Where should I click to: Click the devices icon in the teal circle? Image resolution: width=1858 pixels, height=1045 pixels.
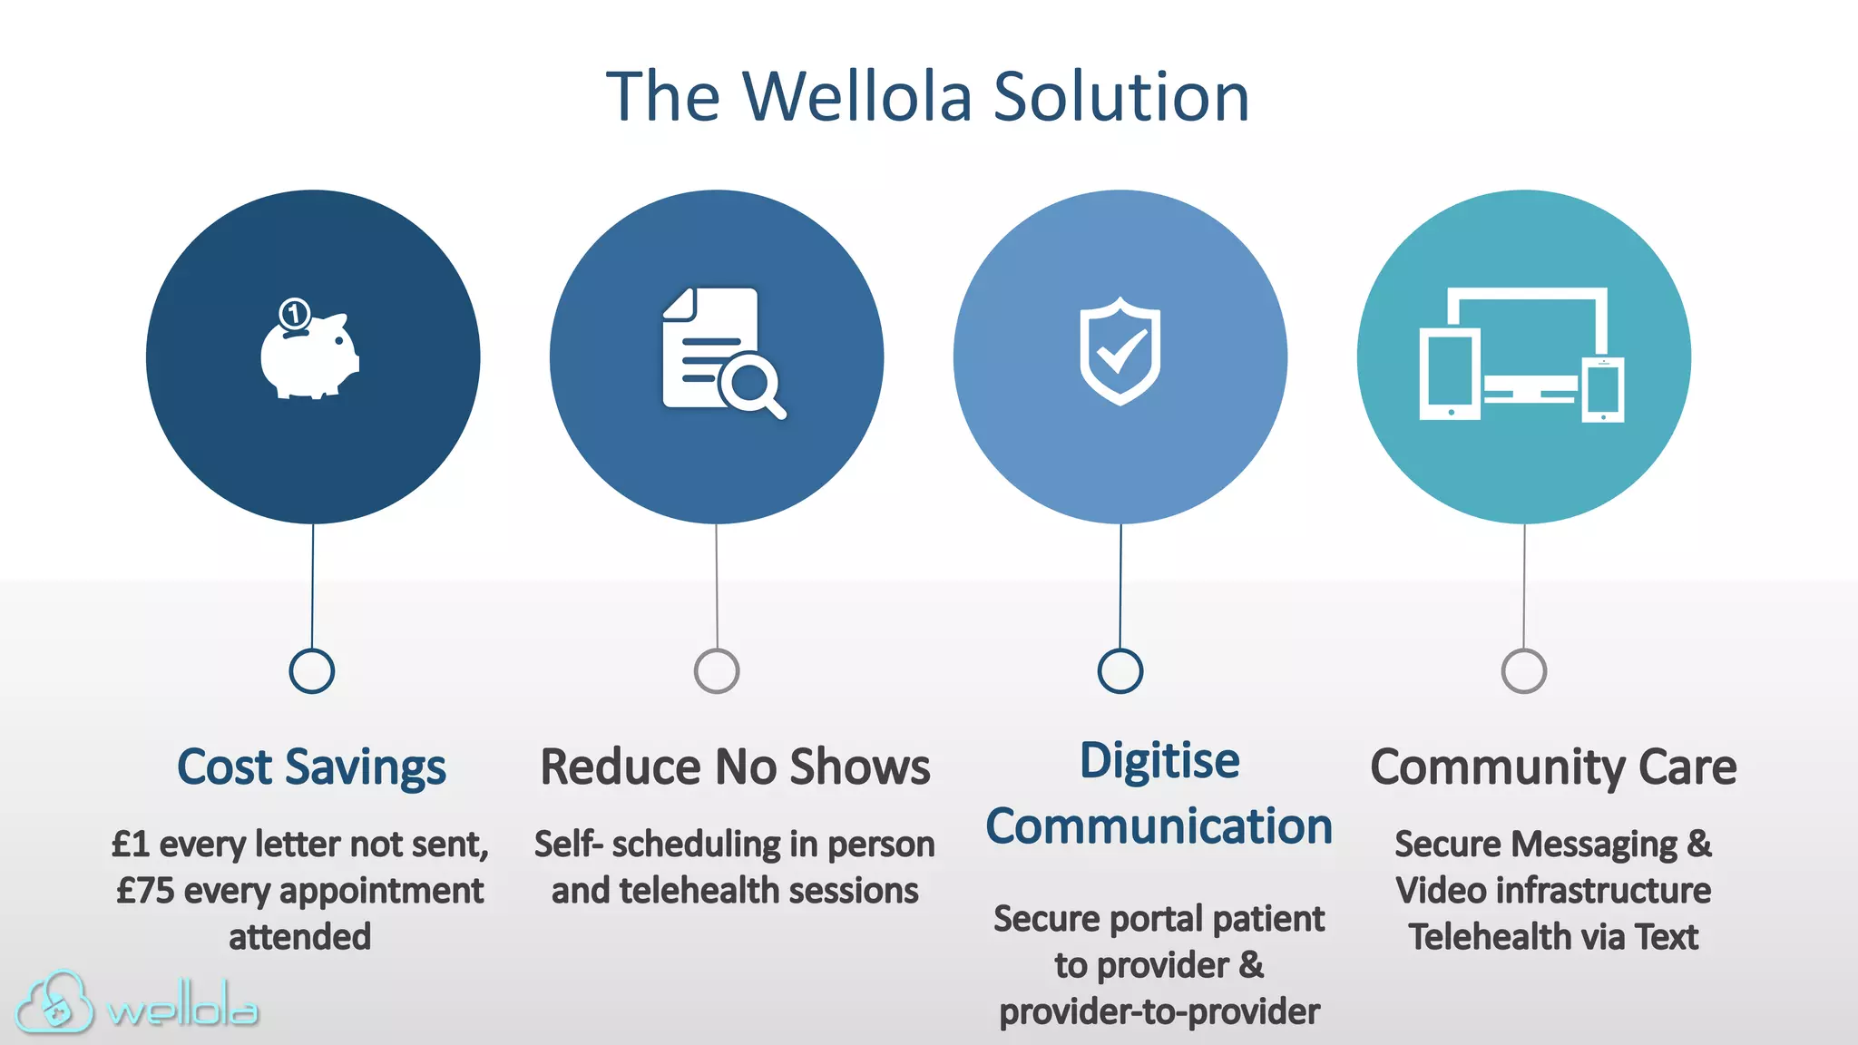pos(1522,355)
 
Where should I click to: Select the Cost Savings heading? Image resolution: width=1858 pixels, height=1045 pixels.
pos(311,767)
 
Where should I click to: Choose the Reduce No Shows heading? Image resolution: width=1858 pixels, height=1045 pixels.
pos(735,767)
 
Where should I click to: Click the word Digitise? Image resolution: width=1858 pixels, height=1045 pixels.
pos(1159,760)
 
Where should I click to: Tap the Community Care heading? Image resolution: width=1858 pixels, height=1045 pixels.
pos(1553,767)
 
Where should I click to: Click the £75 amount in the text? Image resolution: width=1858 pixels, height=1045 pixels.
pos(145,891)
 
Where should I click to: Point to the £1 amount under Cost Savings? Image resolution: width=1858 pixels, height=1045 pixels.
pos(131,845)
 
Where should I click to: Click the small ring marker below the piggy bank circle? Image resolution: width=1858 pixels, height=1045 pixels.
pos(311,671)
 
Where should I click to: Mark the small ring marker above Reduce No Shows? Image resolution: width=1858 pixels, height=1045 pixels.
pos(717,671)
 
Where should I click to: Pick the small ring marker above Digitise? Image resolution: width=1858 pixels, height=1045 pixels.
pos(1120,671)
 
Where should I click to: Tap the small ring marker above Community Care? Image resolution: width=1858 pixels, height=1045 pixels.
pos(1524,671)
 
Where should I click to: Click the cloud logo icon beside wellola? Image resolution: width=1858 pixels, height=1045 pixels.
pos(54,1003)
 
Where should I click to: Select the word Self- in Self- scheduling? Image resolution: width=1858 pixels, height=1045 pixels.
pos(568,845)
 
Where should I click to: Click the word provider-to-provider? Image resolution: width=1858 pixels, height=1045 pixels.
pos(1159,1011)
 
